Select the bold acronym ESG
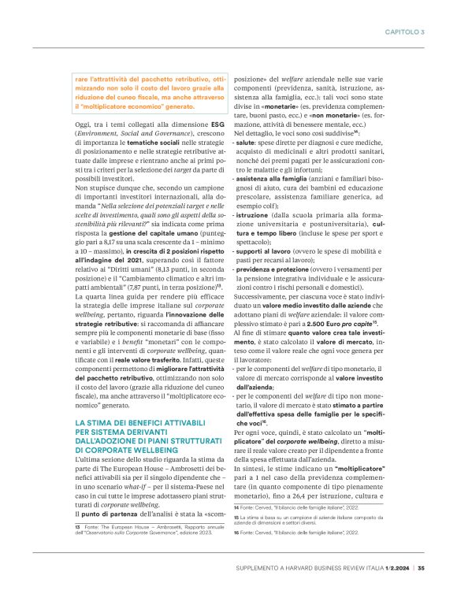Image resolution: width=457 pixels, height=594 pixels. click(x=217, y=124)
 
